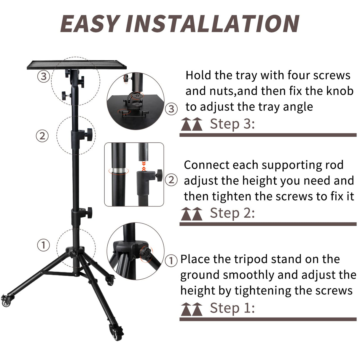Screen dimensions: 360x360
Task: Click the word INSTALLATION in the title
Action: click(x=212, y=24)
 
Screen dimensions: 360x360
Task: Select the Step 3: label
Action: click(x=232, y=124)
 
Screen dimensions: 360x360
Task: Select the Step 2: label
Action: click(x=232, y=213)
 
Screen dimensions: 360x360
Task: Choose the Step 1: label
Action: click(x=232, y=308)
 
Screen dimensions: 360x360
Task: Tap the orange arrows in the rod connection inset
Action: click(x=144, y=166)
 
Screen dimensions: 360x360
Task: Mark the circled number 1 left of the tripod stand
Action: click(x=43, y=245)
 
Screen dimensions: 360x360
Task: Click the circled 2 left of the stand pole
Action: click(x=42, y=136)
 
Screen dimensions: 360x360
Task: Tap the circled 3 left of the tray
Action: click(x=43, y=77)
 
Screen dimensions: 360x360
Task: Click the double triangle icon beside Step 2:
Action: click(x=192, y=214)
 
